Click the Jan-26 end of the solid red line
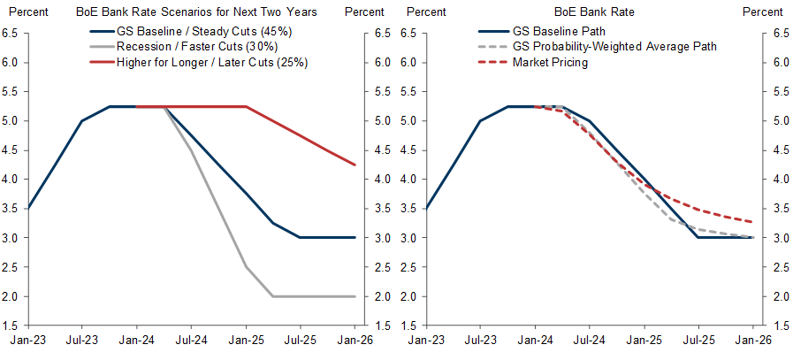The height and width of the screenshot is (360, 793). point(355,165)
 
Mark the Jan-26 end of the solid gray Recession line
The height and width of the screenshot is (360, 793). point(355,296)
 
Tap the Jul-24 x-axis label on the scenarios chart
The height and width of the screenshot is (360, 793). point(191,338)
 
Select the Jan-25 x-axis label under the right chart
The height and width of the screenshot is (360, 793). point(644,338)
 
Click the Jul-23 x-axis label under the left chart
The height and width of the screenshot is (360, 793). point(82,338)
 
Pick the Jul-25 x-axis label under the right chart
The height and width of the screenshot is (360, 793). point(698,338)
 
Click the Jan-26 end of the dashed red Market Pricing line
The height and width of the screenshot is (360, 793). point(752,222)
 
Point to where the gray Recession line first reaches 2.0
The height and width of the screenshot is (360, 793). point(273,296)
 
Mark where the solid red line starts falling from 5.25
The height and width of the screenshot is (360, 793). point(246,106)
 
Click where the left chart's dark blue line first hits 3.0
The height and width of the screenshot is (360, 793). point(301,237)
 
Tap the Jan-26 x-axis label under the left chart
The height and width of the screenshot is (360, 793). point(355,338)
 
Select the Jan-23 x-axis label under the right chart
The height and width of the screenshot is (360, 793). point(425,338)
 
